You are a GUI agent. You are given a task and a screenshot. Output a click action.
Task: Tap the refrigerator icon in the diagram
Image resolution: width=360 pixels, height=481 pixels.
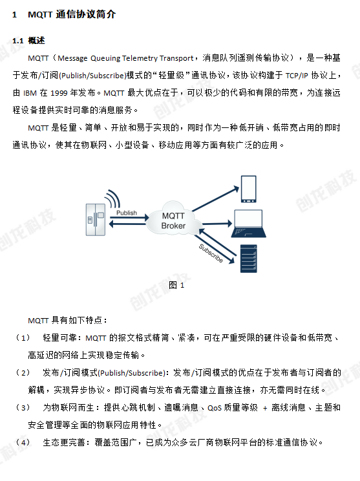(96, 220)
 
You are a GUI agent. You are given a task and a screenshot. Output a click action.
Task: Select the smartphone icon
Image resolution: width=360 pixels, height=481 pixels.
(249, 189)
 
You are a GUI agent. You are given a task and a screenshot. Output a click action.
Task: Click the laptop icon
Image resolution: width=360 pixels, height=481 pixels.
(248, 223)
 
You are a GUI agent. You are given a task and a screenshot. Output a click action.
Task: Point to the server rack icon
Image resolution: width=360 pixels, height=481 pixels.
(248, 259)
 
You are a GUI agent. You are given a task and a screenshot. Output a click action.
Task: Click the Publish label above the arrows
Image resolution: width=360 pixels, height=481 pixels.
(127, 213)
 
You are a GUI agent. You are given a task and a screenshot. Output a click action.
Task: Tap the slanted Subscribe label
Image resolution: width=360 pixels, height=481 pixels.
(211, 253)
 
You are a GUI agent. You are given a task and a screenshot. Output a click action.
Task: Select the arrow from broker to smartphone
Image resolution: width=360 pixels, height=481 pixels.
(216, 198)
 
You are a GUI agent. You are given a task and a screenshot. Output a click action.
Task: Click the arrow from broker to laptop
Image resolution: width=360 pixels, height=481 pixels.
(217, 224)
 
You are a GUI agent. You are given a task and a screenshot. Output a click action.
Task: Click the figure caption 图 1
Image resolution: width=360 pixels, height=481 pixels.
(176, 285)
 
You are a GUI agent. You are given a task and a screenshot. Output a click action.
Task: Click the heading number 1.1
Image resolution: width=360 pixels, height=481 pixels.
(18, 41)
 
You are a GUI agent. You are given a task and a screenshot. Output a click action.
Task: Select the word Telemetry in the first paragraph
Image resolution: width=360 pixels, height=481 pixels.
(140, 58)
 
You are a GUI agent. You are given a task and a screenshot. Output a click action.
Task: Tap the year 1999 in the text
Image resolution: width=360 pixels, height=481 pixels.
(59, 93)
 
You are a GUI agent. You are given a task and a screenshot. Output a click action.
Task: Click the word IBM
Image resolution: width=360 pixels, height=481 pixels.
(30, 93)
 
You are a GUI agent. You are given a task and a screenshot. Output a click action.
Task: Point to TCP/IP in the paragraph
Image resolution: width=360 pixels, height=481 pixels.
(297, 76)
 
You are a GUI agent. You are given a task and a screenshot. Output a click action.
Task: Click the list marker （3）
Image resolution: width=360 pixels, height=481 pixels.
(23, 408)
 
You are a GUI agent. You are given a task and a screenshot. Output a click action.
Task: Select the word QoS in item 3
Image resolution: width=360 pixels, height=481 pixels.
(215, 408)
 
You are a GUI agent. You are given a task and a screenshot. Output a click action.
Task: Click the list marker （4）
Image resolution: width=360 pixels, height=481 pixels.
(23, 443)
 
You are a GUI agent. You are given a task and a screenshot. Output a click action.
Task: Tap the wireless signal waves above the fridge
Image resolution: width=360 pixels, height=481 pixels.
(112, 198)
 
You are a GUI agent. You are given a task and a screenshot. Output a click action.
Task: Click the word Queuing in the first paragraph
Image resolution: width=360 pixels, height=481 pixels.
(105, 58)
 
